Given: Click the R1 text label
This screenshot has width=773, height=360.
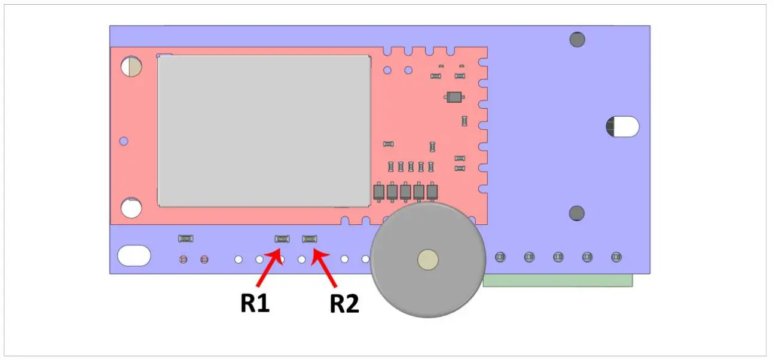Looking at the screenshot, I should [255, 303].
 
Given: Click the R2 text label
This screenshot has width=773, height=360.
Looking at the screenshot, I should [344, 304].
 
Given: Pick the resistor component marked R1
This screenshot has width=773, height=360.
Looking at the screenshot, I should [282, 239].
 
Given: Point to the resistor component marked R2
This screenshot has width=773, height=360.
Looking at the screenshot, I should [310, 239].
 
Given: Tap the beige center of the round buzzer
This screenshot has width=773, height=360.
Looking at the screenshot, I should [427, 260].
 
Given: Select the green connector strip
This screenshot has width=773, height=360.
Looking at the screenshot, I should [557, 280].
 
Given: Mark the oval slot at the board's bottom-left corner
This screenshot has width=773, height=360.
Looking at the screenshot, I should [134, 255].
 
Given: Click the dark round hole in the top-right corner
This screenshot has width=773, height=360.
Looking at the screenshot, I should [577, 40].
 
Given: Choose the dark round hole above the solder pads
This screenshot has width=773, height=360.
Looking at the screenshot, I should [576, 213].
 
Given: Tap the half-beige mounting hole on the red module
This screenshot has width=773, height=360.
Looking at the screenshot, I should [132, 66].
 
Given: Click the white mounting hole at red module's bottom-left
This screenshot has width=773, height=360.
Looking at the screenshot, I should [132, 208].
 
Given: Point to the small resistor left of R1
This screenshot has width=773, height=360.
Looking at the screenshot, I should [186, 239].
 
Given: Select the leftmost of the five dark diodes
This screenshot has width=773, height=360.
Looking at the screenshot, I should [378, 191].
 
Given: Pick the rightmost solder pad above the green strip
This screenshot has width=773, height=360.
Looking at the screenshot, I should [616, 257].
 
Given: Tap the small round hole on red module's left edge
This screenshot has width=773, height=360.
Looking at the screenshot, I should [124, 141].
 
